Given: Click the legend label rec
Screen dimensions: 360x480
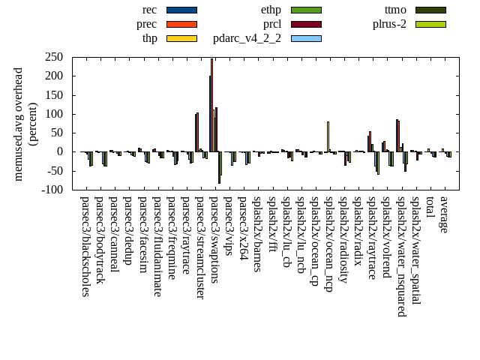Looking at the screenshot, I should click(x=149, y=10).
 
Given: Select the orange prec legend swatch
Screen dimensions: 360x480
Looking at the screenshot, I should click(x=181, y=24).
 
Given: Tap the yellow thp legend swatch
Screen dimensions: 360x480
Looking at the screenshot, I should click(x=181, y=38).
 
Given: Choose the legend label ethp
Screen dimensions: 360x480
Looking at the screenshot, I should click(x=271, y=10).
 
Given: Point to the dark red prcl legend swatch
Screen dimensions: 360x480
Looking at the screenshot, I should click(x=306, y=24).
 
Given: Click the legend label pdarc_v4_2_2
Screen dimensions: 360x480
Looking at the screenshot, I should click(x=247, y=38).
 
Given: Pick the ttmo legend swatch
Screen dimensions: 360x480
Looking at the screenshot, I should click(x=430, y=10).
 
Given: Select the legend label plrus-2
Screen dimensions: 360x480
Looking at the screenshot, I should click(x=389, y=24).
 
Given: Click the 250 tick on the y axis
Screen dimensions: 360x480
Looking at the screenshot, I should click(x=53, y=57).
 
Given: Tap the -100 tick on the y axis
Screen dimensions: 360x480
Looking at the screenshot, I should click(x=52, y=190).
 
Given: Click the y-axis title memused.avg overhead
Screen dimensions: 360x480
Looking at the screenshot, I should click(x=19, y=124).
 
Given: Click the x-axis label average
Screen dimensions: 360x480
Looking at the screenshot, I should click(x=444, y=214).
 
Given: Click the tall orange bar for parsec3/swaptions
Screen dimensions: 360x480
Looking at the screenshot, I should click(x=212, y=105).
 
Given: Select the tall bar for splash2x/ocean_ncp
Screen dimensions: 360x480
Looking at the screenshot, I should click(x=328, y=136).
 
